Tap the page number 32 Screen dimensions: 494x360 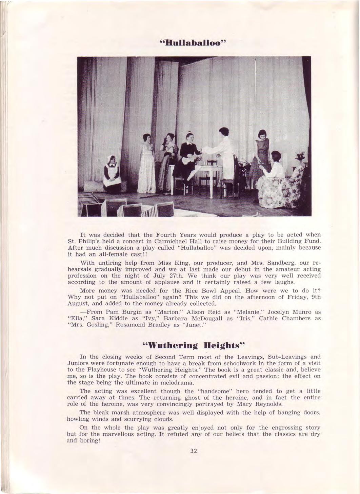coord(194,451)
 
